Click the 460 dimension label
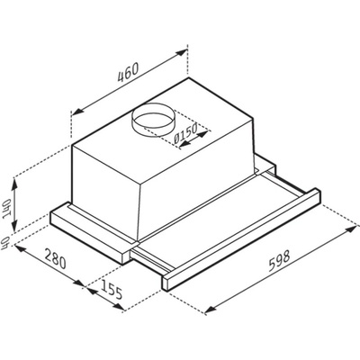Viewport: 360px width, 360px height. click(128, 73)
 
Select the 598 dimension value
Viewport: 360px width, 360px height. click(279, 261)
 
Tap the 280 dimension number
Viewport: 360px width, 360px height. click(55, 258)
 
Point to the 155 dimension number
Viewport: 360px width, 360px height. click(112, 289)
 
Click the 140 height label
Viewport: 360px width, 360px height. click(6, 209)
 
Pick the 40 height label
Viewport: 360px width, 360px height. click(6, 239)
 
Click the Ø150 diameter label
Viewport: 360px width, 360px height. click(185, 133)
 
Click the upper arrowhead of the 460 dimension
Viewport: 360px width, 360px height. click(181, 53)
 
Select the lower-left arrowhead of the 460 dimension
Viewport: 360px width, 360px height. click(77, 112)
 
